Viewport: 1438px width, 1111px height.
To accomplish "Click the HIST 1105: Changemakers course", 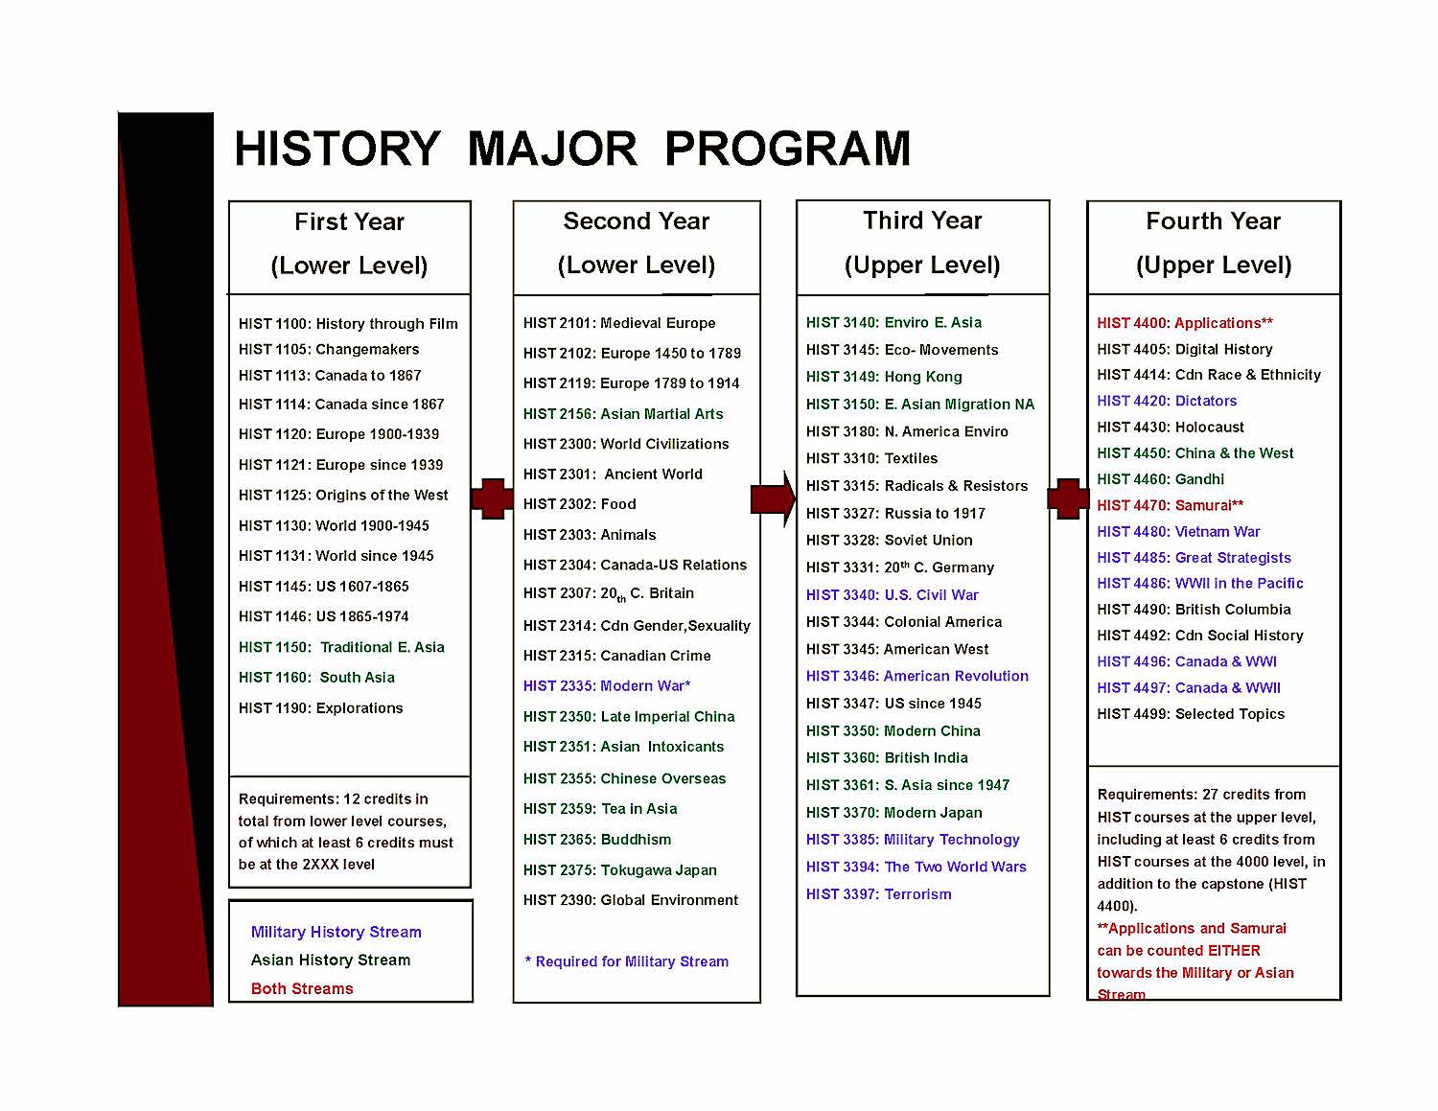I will [x=329, y=349].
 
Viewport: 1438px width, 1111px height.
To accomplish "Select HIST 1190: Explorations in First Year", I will [x=321, y=708].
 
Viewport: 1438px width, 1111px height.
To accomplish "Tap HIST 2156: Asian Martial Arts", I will [x=623, y=414].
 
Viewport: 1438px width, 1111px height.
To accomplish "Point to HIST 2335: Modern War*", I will [x=607, y=686].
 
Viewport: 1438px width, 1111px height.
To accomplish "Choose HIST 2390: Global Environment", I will [x=631, y=900].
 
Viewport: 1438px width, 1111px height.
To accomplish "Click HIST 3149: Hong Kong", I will [x=884, y=377].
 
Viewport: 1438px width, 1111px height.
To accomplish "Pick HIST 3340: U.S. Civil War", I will [x=893, y=595].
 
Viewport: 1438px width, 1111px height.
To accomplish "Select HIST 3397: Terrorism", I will [x=879, y=894].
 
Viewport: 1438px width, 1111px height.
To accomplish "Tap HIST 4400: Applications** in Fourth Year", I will [x=1185, y=323].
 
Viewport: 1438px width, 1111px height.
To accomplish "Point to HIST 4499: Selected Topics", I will [x=1191, y=714].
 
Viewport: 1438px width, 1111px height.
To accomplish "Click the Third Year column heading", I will [x=922, y=221].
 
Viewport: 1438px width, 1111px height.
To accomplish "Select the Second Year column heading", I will [x=637, y=221].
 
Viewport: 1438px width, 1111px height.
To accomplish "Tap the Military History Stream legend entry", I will [x=336, y=932].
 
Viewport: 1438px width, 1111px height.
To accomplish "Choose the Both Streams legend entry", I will [x=302, y=989].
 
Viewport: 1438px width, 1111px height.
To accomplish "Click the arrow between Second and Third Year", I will [x=773, y=498].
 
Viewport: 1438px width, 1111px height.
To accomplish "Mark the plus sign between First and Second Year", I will [x=492, y=498].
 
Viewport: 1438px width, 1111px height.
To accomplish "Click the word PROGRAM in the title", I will [x=787, y=150].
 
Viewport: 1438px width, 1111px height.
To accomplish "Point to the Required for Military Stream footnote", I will [x=627, y=961].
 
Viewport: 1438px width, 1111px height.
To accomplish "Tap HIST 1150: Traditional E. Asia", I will [x=341, y=648].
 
